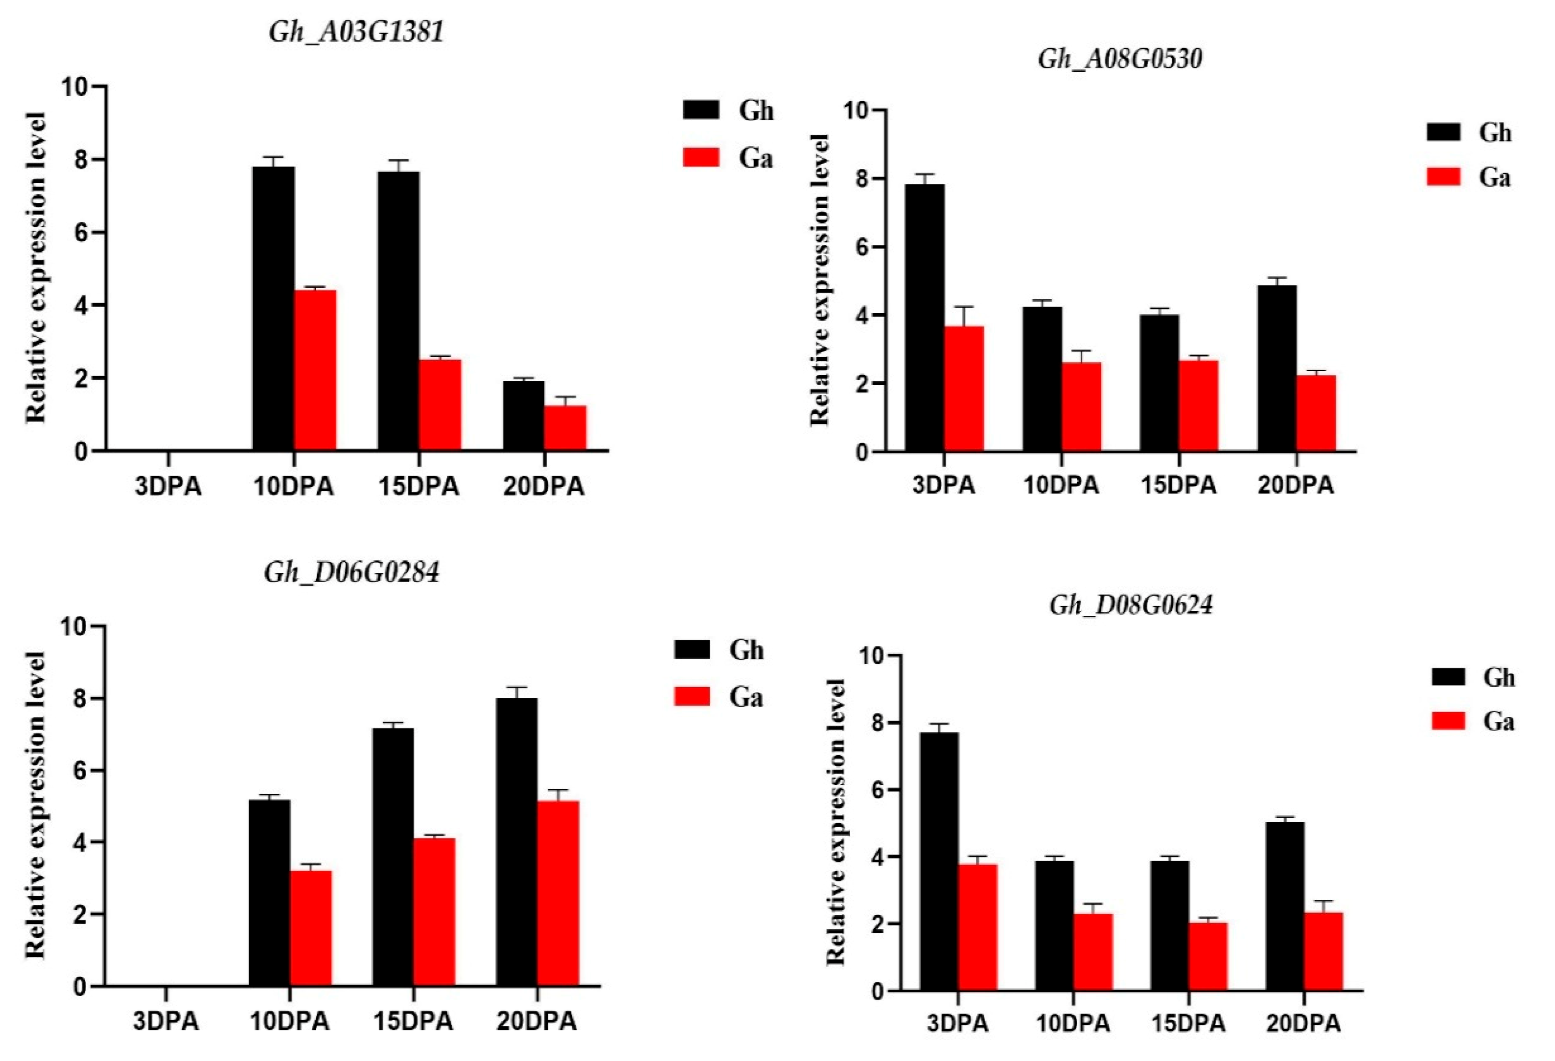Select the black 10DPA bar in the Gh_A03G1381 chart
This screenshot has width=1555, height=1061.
[273, 308]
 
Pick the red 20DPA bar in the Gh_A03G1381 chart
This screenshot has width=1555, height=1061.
[565, 428]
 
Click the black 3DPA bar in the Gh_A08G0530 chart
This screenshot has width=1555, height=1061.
[924, 318]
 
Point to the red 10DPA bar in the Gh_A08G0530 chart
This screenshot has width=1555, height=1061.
[1080, 407]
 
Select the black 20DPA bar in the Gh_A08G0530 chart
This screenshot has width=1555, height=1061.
[1277, 368]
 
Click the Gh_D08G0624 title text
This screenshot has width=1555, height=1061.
[1131, 605]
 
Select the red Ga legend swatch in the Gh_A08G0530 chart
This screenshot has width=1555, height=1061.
[1443, 177]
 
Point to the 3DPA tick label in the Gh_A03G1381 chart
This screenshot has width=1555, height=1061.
[168, 486]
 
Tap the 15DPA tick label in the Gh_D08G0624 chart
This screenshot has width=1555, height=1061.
[1188, 1024]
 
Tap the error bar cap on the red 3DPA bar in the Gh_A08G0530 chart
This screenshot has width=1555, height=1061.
[963, 307]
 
